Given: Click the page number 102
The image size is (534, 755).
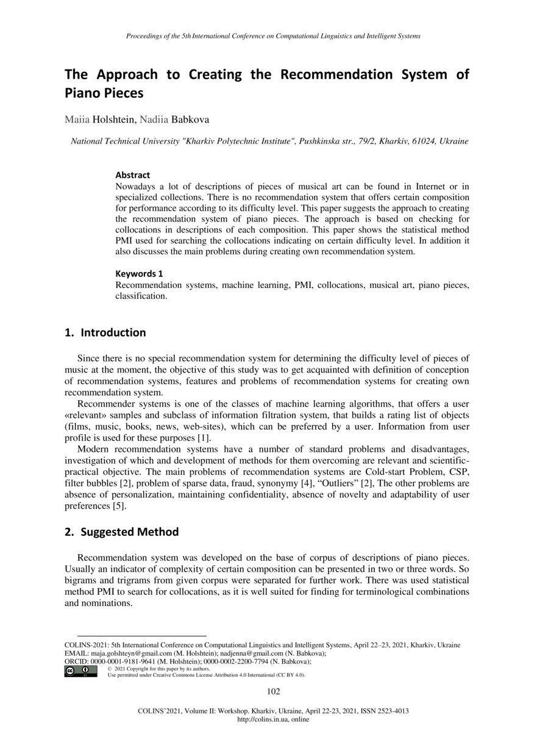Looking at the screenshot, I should point(274,690).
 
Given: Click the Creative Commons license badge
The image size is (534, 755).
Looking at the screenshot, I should point(80,671).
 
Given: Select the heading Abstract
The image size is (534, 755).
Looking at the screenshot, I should point(132,175).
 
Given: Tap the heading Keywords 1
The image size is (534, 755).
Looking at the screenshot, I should point(139,274).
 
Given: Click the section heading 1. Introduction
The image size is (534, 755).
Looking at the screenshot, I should point(105,332).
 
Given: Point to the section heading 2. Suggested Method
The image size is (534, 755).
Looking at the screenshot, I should point(121,532).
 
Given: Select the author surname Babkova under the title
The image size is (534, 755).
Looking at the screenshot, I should point(190,120).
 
